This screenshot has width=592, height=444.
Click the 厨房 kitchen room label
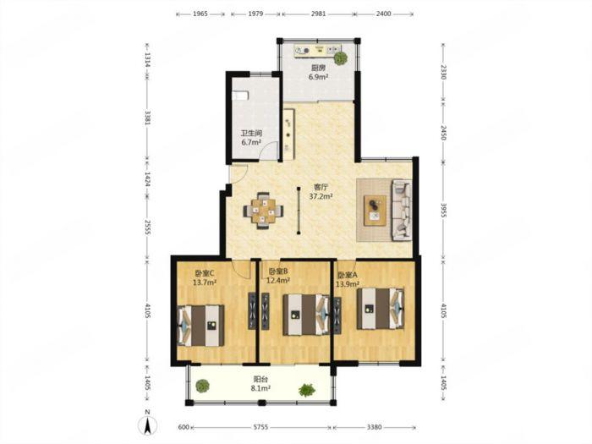click(x=318, y=68)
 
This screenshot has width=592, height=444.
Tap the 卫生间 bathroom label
click(x=251, y=134)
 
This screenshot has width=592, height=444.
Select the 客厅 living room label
click(x=321, y=187)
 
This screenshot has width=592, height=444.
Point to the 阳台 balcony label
click(x=260, y=379)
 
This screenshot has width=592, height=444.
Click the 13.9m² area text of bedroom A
click(x=348, y=283)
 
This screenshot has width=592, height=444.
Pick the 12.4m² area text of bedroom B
click(x=278, y=281)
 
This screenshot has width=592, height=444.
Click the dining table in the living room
click(x=264, y=211)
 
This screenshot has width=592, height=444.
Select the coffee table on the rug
click(x=375, y=211)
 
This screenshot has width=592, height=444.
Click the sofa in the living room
click(x=402, y=210)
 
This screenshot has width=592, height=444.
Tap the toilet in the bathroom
click(x=239, y=95)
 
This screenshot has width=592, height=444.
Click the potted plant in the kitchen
click(x=341, y=58)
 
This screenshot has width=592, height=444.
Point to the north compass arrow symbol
click(x=148, y=426)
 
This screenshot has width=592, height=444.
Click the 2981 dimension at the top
click(x=318, y=14)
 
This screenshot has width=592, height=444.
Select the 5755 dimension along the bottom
click(x=260, y=427)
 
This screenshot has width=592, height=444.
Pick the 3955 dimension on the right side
click(x=443, y=211)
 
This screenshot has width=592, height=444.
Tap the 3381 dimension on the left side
click(x=148, y=118)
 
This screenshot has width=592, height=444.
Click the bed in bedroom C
click(x=201, y=326)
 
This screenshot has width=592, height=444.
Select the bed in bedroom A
click(x=381, y=309)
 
